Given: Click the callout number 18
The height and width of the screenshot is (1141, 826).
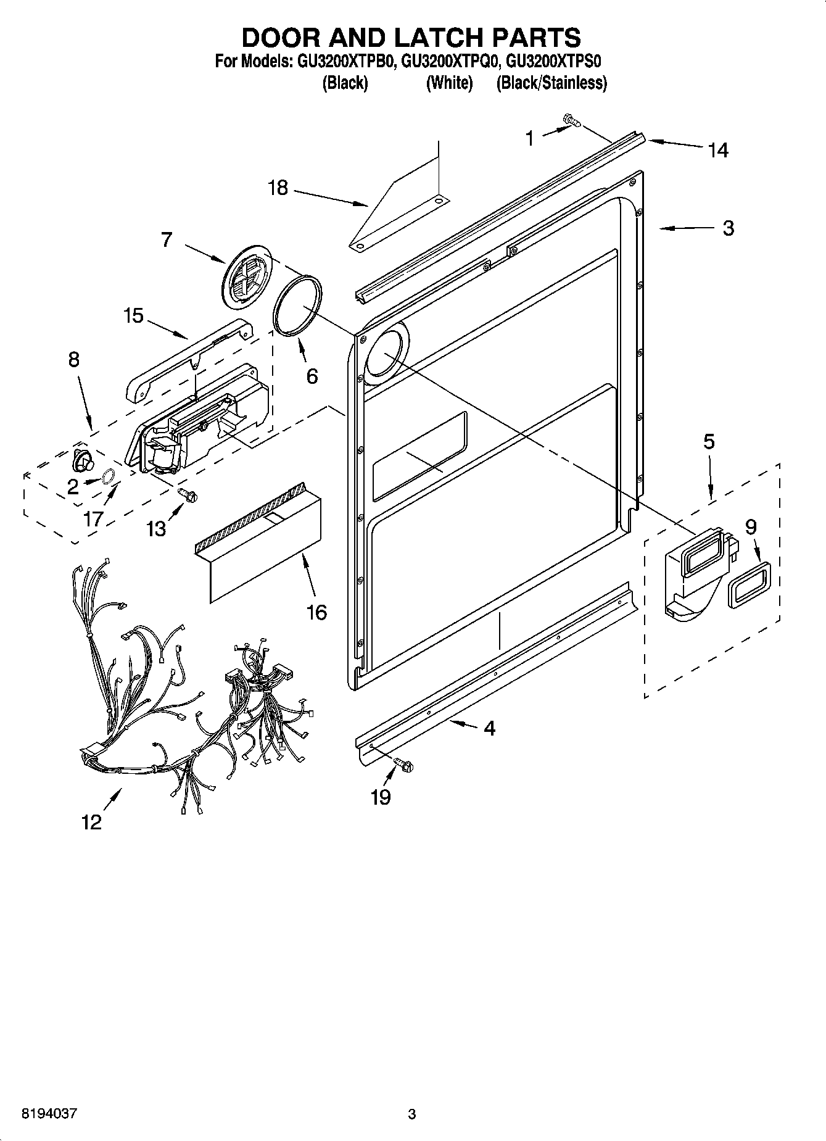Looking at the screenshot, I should tap(278, 188).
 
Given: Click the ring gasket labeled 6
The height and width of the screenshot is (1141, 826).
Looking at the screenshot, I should tap(297, 306).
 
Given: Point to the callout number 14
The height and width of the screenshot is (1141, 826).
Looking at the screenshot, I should tap(718, 150).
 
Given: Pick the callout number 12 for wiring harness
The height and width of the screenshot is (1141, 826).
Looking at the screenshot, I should tap(91, 822).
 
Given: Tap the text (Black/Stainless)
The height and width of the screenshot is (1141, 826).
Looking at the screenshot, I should tap(551, 83).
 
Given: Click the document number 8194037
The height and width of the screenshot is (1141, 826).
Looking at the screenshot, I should tap(49, 1114).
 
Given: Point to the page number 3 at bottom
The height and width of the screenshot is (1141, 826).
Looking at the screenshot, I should tap(412, 1114).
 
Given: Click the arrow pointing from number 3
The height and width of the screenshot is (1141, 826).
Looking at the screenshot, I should tap(685, 229).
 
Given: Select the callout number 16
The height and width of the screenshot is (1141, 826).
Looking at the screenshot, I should tap(316, 613).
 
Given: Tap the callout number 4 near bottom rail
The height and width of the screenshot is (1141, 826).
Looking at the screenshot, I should tap(489, 728).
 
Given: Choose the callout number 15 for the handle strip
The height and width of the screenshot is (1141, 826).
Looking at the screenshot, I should tap(133, 316).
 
